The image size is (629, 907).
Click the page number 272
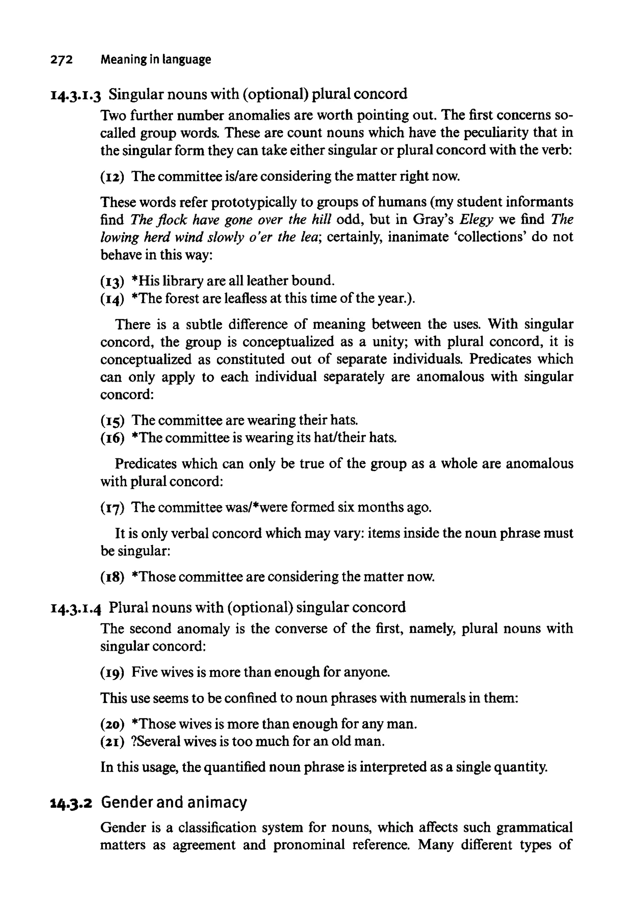(x=61, y=60)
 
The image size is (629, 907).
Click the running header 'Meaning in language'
(x=156, y=60)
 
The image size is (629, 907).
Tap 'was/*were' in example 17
(x=256, y=507)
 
